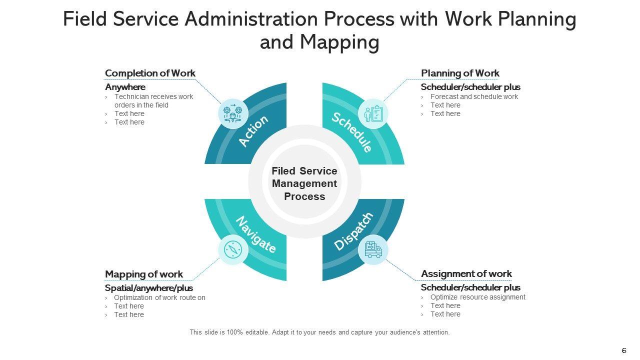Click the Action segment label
(254, 131)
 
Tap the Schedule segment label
(352, 132)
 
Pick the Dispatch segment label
(353, 231)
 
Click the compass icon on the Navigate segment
(233, 249)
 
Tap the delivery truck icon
(373, 249)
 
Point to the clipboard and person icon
(373, 113)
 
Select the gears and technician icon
(233, 113)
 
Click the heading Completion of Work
(150, 73)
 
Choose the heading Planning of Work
(460, 73)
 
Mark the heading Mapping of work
(144, 274)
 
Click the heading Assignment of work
(466, 273)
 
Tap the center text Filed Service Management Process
(304, 183)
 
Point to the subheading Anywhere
(125, 87)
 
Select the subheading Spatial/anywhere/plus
(149, 288)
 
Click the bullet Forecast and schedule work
(474, 96)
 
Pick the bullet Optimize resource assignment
(477, 297)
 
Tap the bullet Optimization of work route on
(159, 297)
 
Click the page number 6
(623, 350)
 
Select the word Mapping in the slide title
(339, 42)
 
